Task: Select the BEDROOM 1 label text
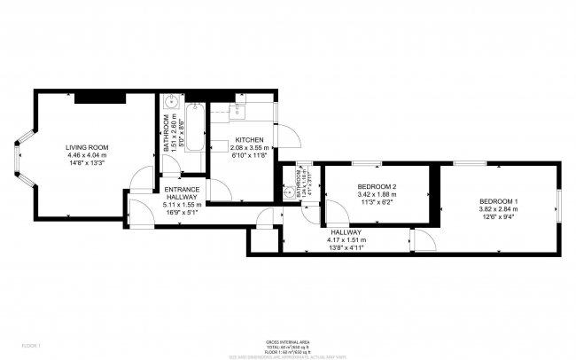tap(499, 200)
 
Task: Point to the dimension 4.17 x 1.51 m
tap(346, 240)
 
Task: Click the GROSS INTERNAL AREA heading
tap(287, 340)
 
